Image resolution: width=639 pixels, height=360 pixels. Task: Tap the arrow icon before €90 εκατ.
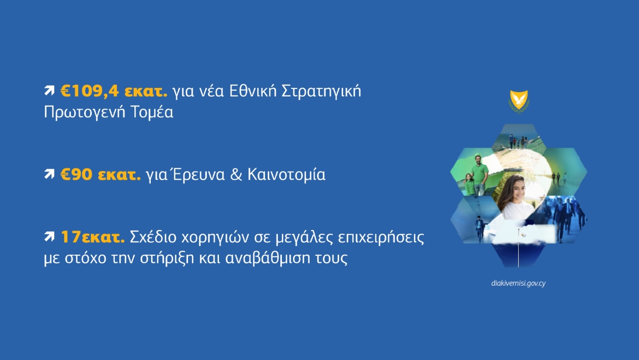[x=49, y=174]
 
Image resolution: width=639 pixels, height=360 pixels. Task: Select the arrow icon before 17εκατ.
[x=49, y=237]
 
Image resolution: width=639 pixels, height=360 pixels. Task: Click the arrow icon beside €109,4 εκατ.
[x=49, y=91]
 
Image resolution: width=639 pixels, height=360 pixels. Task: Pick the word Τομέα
[x=152, y=111]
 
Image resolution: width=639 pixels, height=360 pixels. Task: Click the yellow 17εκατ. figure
[x=92, y=237]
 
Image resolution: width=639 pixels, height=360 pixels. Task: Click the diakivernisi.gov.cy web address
[x=518, y=284]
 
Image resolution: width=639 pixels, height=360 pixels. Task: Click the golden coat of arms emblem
[x=519, y=101]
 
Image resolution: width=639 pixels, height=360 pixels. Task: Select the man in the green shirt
[x=480, y=174]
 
